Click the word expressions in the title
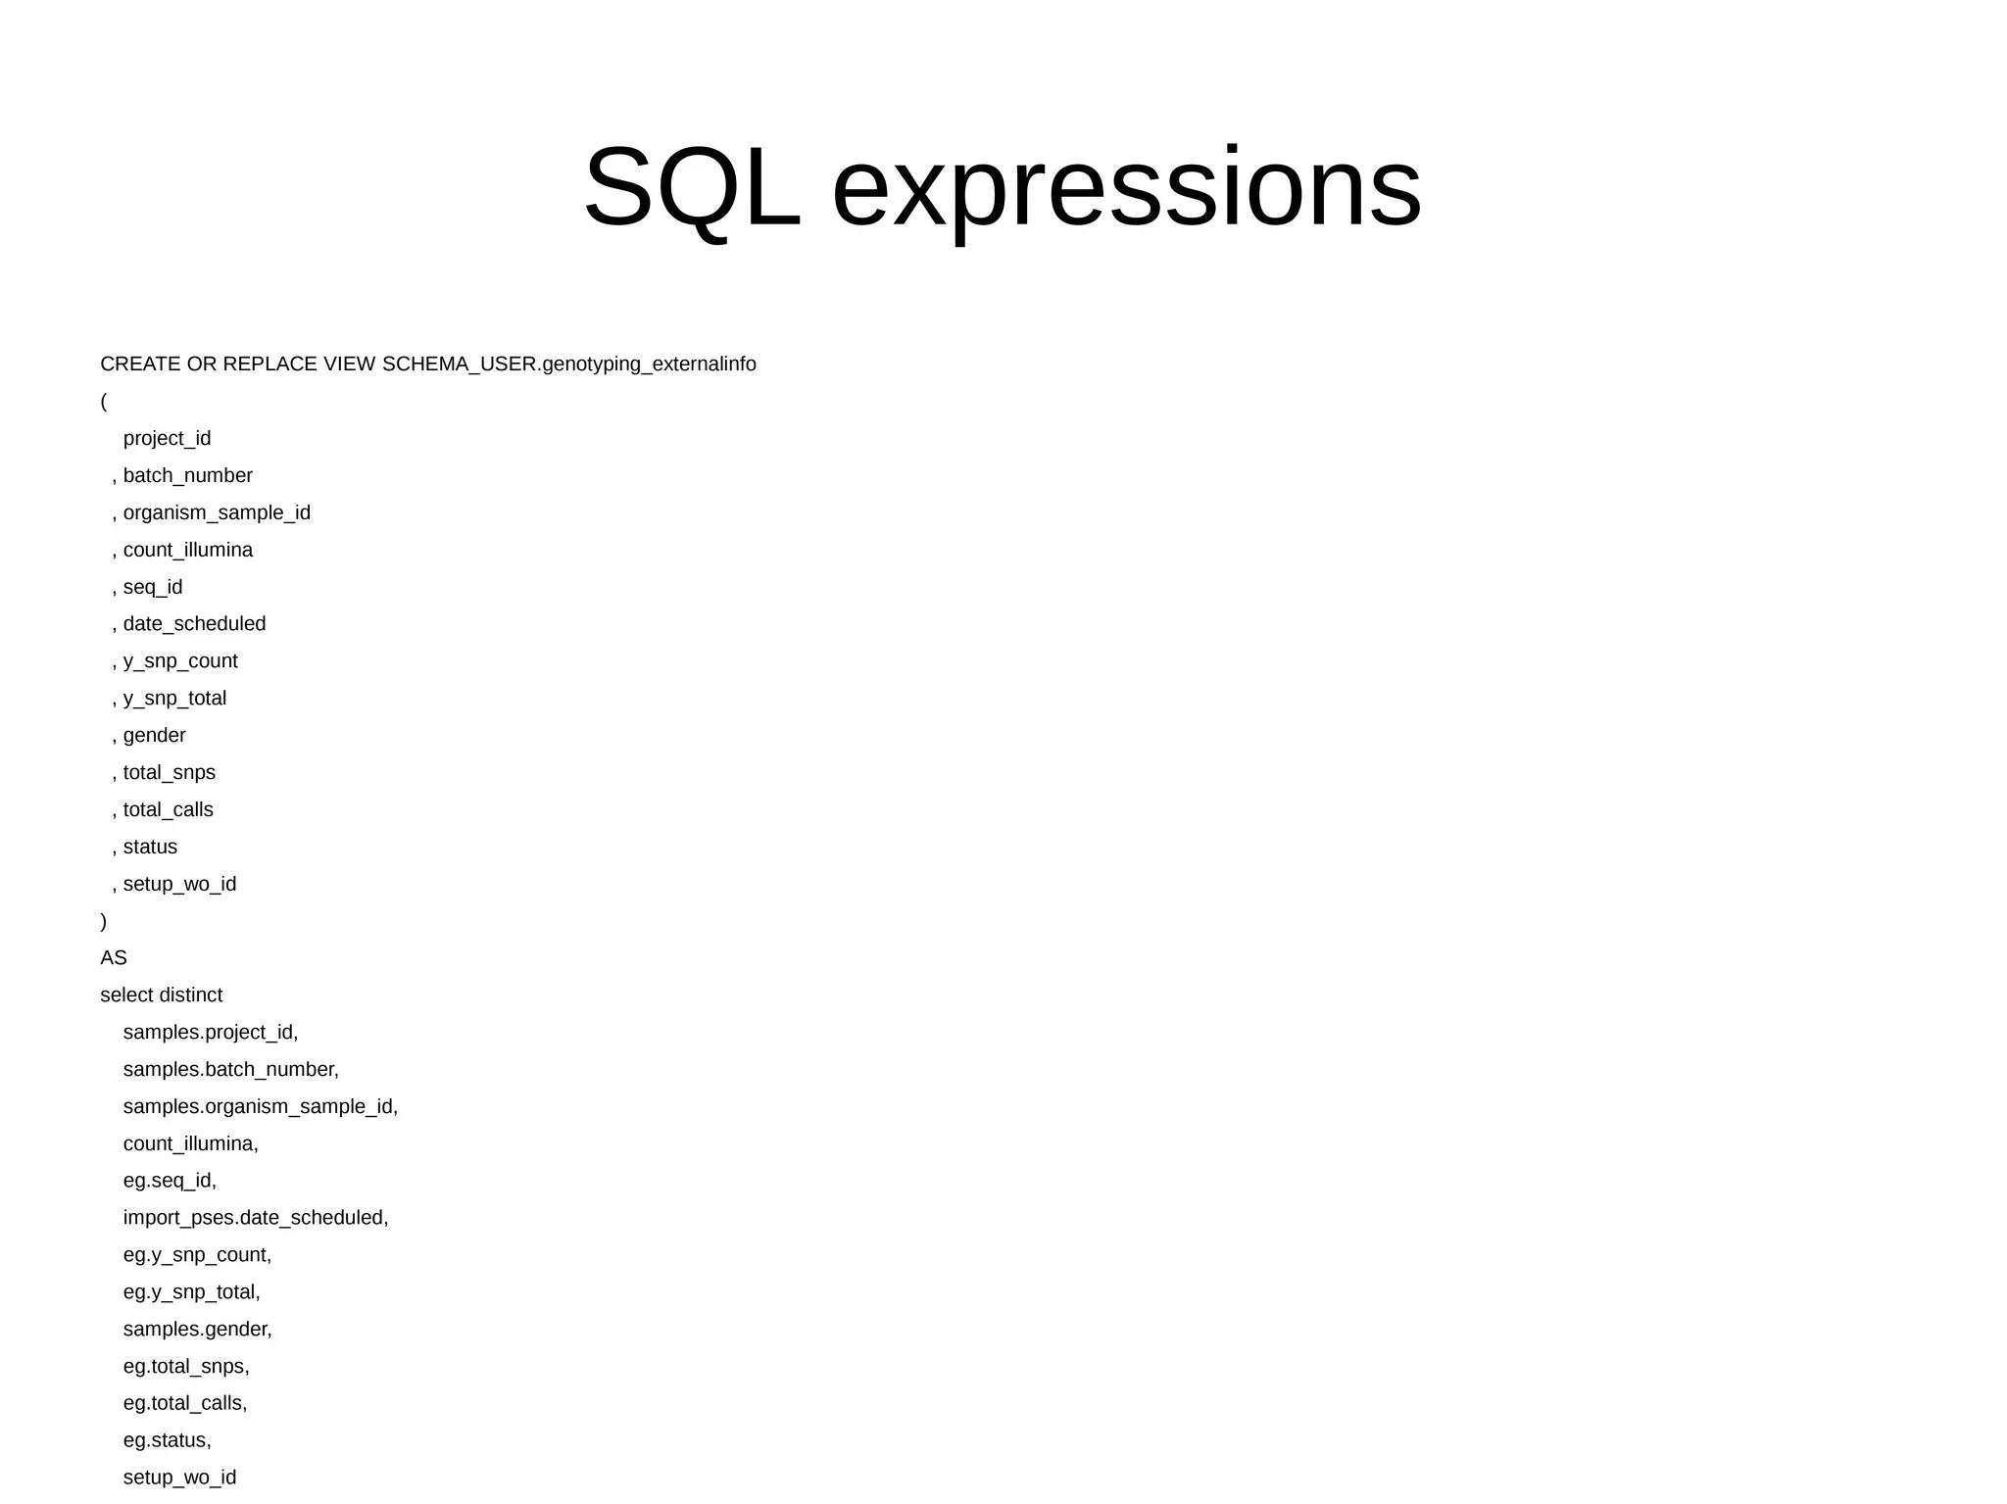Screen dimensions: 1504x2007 click(1126, 187)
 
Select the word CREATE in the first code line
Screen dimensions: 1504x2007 click(140, 364)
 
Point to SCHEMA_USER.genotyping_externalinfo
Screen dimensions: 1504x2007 click(568, 364)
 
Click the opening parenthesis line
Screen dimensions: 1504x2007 click(104, 402)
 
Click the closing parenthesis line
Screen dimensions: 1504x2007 click(104, 921)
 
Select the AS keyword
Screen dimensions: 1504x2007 click(114, 958)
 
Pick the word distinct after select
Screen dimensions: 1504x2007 click(194, 995)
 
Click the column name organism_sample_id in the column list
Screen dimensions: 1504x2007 click(217, 513)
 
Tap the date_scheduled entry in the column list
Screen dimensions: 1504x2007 click(194, 624)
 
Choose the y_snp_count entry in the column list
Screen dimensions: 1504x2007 click(180, 661)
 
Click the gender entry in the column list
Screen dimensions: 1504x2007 click(154, 736)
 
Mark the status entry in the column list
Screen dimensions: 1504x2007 click(150, 848)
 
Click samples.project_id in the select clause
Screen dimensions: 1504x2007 click(210, 1033)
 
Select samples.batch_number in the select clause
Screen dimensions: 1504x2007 click(230, 1070)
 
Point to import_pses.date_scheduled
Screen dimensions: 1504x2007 click(255, 1218)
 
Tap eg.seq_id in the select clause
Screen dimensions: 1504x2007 click(169, 1181)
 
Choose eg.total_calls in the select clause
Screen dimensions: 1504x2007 click(184, 1403)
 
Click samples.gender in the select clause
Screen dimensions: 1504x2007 click(197, 1330)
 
